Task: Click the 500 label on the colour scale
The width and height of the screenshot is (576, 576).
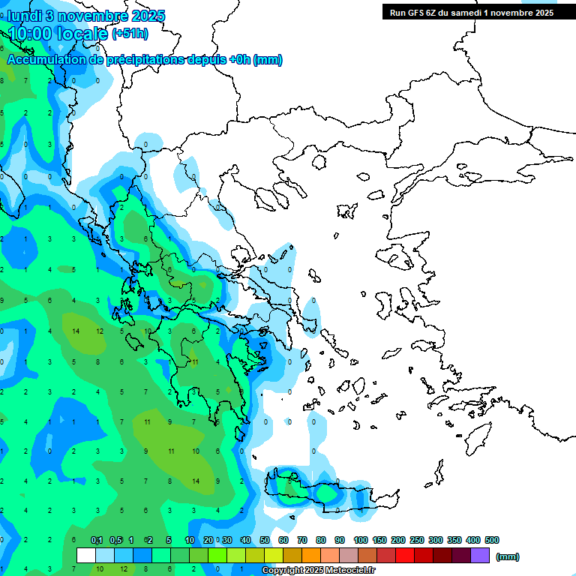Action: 492,540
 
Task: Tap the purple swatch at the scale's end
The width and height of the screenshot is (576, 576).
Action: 480,556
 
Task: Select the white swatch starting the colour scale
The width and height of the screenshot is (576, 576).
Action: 86,556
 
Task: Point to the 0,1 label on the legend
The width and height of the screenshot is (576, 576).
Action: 97,540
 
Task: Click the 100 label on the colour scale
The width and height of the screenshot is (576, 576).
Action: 360,540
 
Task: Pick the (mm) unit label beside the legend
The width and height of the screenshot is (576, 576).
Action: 508,556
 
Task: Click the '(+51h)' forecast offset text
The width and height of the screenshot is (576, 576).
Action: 130,34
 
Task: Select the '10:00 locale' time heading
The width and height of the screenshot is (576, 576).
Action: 58,33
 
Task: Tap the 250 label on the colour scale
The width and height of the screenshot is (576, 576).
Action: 417,540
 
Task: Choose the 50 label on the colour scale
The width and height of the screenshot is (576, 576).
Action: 265,540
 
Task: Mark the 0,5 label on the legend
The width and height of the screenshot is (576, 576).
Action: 115,540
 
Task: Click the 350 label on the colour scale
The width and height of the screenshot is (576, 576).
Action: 454,540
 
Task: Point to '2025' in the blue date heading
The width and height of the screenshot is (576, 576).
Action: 147,16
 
